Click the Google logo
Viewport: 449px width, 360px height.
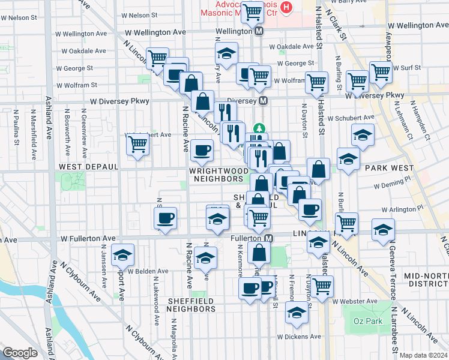(x=20, y=353)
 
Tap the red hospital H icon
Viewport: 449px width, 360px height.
(x=286, y=8)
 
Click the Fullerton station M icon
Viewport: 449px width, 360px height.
(x=269, y=238)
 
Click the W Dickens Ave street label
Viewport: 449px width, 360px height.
(x=301, y=337)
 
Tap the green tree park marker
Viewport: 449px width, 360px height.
(x=259, y=128)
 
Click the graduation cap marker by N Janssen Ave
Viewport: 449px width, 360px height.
(x=122, y=256)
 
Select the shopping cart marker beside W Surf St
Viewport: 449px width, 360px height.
(x=381, y=72)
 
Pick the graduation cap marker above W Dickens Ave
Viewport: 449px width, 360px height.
(x=297, y=311)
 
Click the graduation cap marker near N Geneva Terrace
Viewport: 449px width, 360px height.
(x=383, y=230)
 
